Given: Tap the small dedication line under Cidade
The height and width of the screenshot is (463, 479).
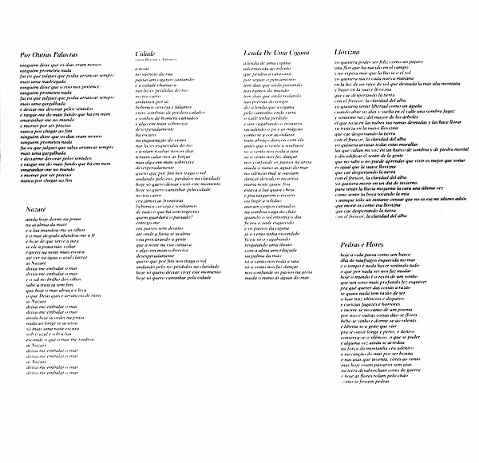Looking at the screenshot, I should pos(152,60).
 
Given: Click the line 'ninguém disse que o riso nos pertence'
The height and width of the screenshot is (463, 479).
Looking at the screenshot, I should pos(54,83).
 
